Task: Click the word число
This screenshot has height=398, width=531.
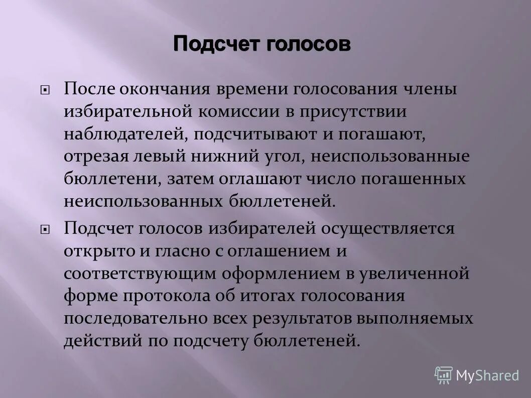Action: [325, 179]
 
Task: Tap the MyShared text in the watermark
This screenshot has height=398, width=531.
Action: [487, 375]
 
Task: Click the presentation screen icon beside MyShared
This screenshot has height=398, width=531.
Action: [444, 375]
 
